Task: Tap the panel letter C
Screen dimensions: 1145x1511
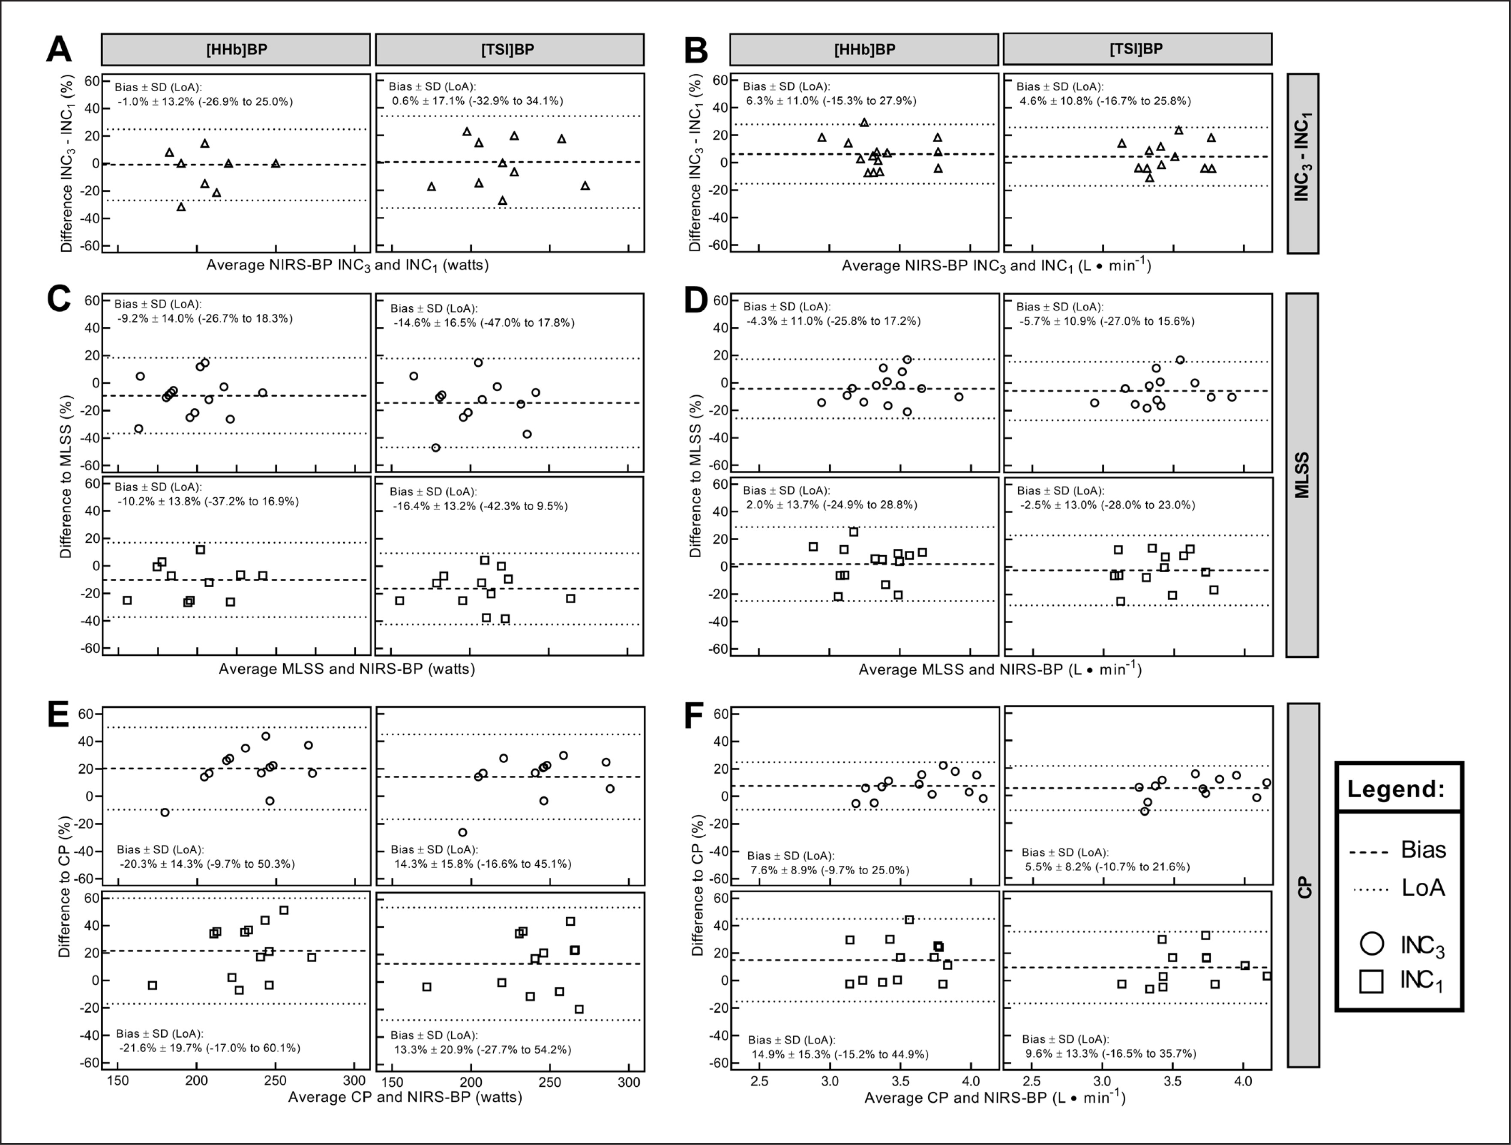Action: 59,299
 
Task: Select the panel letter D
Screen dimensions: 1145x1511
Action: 696,300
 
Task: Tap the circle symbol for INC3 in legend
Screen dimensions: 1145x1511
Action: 1372,944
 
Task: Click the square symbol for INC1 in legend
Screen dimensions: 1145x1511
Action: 1372,981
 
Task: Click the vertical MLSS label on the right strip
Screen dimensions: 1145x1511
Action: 1302,475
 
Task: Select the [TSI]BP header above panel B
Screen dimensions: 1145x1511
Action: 1136,49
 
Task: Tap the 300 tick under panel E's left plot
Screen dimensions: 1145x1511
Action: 354,1081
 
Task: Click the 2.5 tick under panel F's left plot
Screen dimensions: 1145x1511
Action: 759,1081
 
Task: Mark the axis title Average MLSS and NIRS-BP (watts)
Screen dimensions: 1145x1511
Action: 346,669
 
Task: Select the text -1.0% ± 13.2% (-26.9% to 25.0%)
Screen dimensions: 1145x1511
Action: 205,102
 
